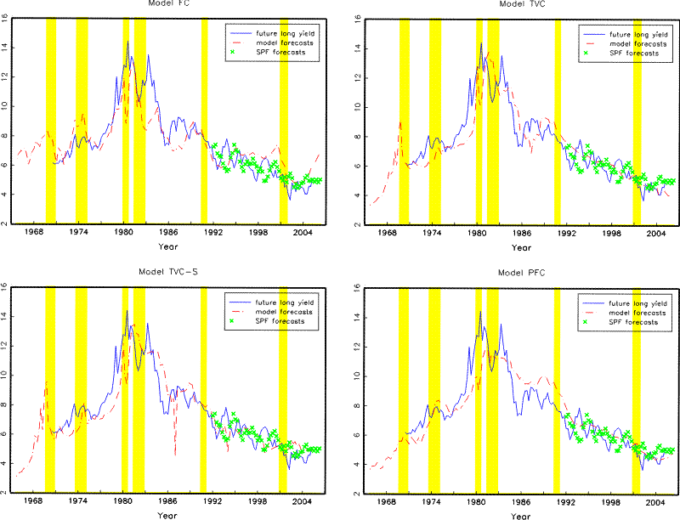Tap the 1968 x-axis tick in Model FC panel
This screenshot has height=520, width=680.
click(x=35, y=232)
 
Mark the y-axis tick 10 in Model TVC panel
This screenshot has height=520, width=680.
click(x=360, y=106)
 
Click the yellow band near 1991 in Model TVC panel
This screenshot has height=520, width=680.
click(x=558, y=119)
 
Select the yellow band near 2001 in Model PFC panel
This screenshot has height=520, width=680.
click(x=636, y=391)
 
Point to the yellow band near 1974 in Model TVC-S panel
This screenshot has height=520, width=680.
click(x=81, y=391)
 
